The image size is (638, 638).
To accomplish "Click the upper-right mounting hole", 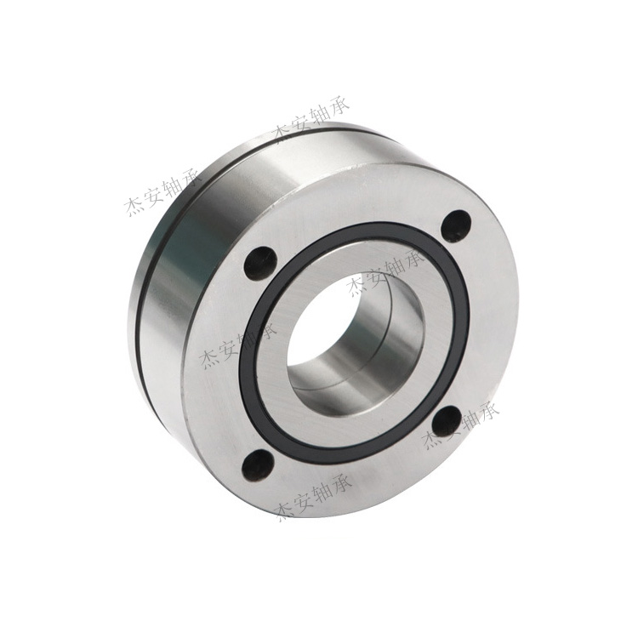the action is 456,225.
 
